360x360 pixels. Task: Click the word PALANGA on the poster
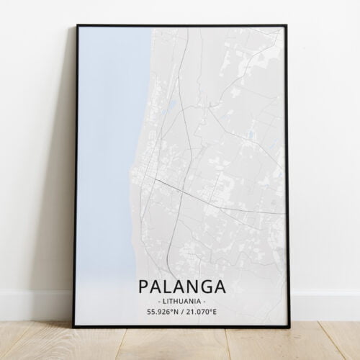click(x=180, y=285)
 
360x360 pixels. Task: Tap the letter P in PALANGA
click(x=141, y=285)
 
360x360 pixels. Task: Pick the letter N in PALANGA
click(x=190, y=285)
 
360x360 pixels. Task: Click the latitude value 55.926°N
click(x=160, y=312)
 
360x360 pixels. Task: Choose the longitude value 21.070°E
click(x=202, y=312)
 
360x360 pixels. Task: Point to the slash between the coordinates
click(x=181, y=312)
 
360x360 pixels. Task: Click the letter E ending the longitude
click(x=214, y=312)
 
